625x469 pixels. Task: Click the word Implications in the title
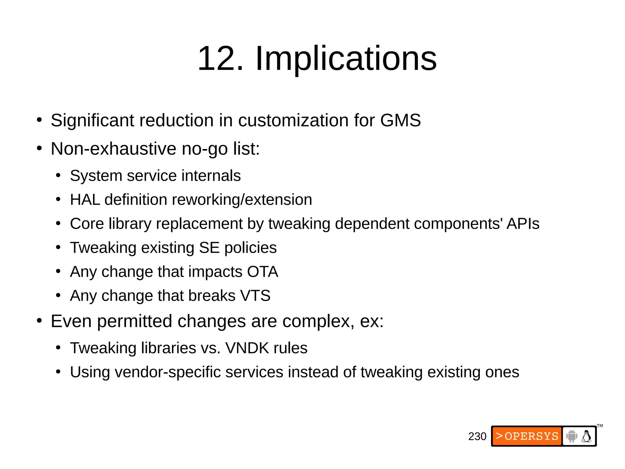click(346, 58)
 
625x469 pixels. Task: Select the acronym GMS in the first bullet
click(400, 120)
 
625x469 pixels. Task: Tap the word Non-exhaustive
click(113, 149)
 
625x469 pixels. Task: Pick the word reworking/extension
click(242, 200)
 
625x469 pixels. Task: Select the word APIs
click(523, 224)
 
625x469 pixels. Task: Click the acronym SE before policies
click(209, 248)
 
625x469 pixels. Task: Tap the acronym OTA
click(262, 271)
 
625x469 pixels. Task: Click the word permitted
click(135, 321)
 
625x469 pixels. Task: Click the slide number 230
click(477, 436)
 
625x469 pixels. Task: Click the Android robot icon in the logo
click(571, 436)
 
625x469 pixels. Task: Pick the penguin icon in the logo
click(586, 436)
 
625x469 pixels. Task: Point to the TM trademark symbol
click(600, 426)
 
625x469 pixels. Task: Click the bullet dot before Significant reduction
click(39, 120)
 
